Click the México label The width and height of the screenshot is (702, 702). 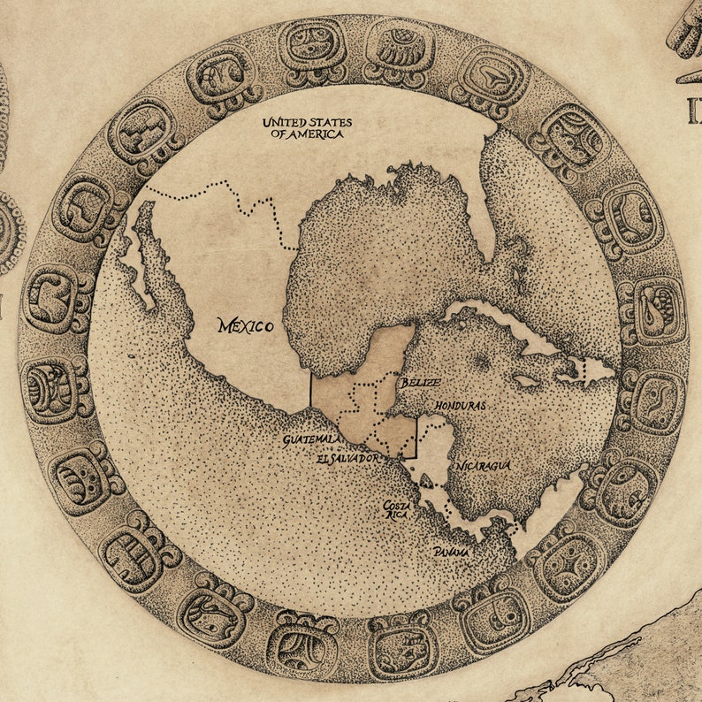coord(245,326)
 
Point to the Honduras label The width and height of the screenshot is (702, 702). coord(460,404)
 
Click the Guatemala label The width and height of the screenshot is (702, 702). coord(309,439)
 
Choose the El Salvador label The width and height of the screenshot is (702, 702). coord(347,459)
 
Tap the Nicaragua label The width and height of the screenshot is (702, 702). coord(485,465)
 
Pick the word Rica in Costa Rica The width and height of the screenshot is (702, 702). coord(394,517)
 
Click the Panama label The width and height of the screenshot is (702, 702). coord(451,551)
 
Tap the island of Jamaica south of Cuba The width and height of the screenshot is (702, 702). coord(527,382)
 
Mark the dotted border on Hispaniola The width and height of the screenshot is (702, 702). coord(584,371)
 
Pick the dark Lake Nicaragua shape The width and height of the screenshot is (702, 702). coord(428,481)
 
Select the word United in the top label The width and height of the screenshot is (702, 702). coord(284,122)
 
